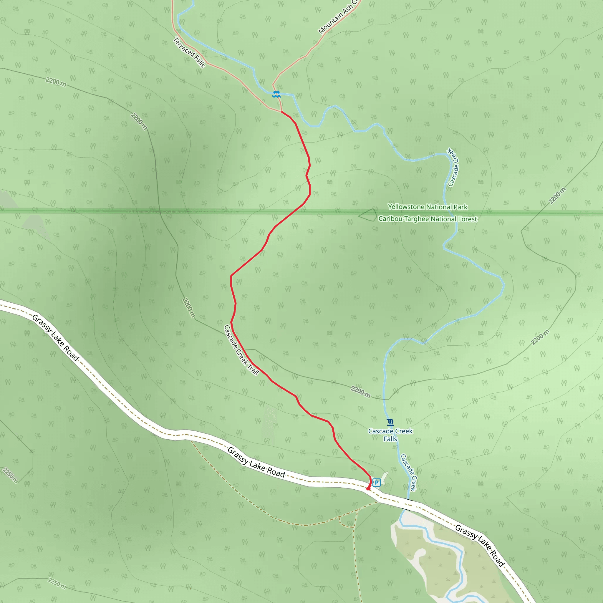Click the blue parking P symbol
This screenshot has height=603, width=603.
[x=376, y=483]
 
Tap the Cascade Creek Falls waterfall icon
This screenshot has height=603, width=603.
[x=390, y=423]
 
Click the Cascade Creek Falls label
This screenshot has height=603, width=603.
[x=390, y=435]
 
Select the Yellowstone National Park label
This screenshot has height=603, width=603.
[x=428, y=207]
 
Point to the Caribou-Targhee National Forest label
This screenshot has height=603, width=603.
[x=428, y=219]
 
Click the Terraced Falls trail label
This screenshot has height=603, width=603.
[x=189, y=52]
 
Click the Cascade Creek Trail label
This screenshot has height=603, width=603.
[x=241, y=349]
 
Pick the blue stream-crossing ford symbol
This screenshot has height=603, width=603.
[x=276, y=94]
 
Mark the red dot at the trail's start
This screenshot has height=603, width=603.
[x=368, y=489]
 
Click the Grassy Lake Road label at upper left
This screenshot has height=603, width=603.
[x=56, y=338]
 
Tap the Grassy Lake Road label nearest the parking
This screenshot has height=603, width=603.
[x=256, y=463]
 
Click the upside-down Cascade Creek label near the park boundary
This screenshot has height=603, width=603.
[x=453, y=167]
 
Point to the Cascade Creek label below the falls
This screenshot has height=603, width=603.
[x=408, y=473]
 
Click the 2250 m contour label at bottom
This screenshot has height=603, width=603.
[x=57, y=583]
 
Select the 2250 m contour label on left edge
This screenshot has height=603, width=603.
[x=10, y=475]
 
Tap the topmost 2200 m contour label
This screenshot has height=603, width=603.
[x=56, y=82]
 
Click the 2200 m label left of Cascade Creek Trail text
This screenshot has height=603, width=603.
[x=188, y=308]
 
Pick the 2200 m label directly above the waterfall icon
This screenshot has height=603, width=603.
[x=360, y=392]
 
